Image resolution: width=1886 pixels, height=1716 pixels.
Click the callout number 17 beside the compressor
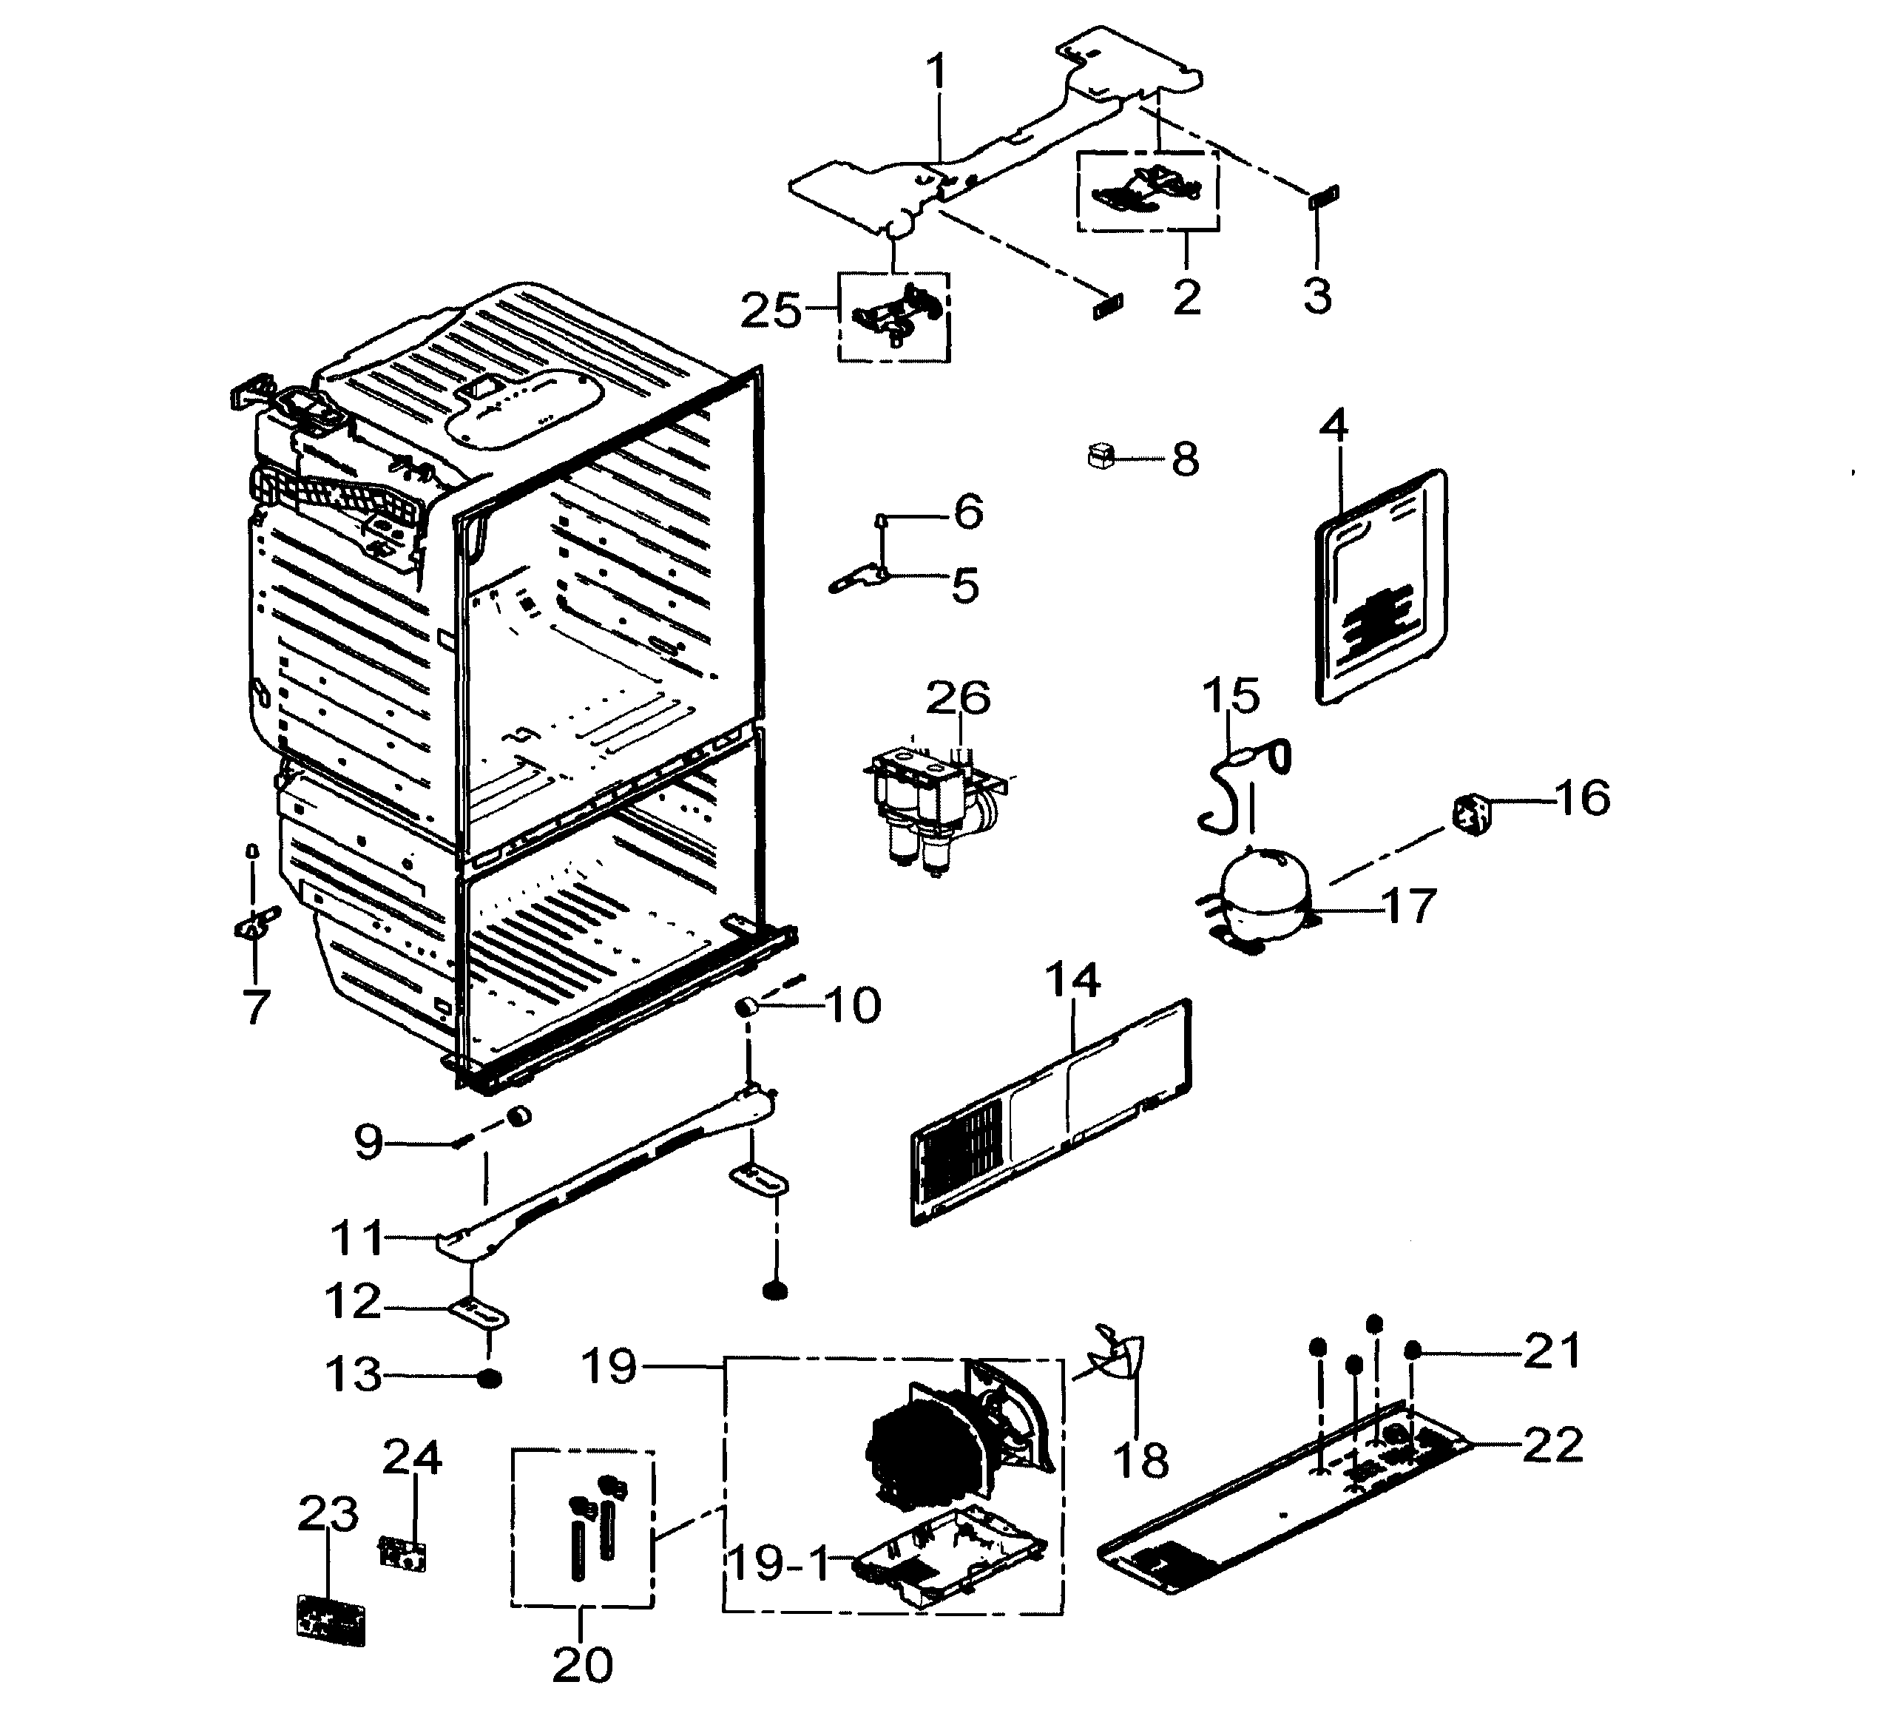[x=1408, y=906]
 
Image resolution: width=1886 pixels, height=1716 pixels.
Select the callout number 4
[x=1334, y=427]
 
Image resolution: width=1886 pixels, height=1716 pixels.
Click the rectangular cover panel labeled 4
[x=1381, y=587]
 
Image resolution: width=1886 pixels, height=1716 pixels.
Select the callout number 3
[x=1317, y=296]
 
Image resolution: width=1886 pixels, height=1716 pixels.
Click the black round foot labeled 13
[x=488, y=1379]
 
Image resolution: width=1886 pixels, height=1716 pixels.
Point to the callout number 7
[x=255, y=1007]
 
